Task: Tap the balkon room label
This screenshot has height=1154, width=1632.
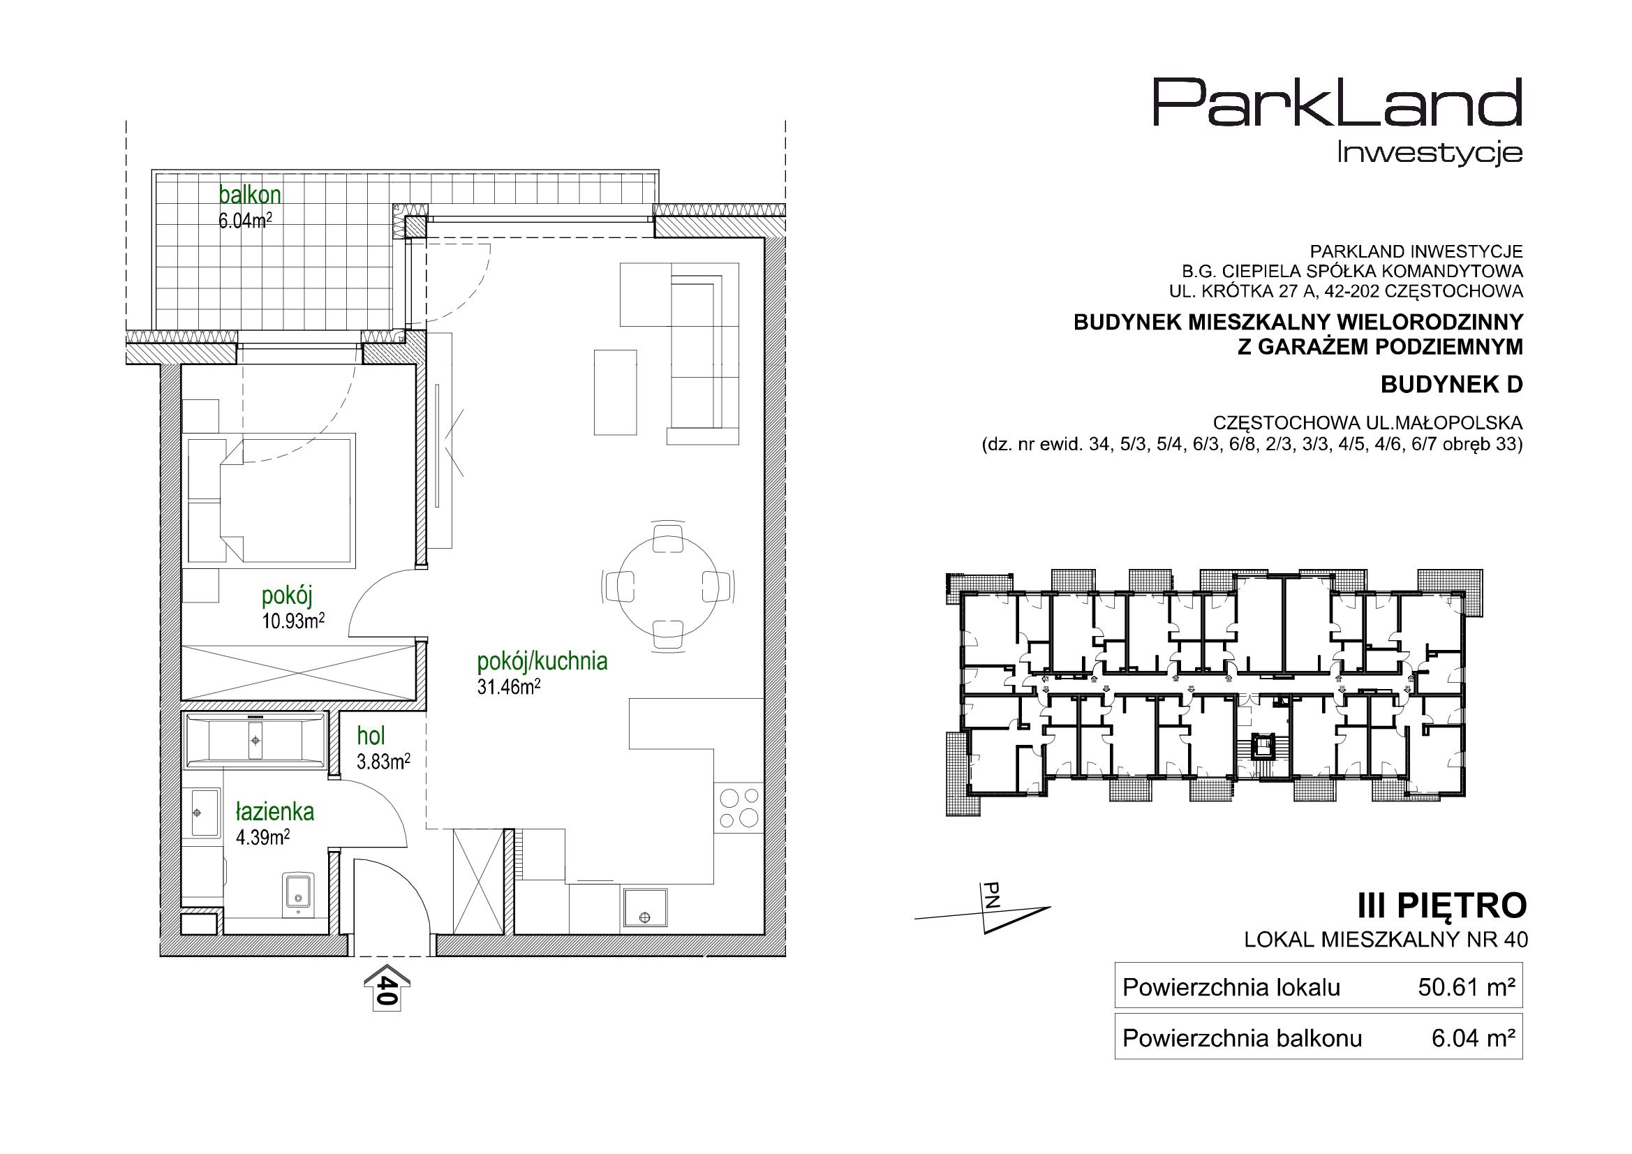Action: pos(249,194)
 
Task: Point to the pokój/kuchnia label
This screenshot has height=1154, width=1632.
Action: pos(542,661)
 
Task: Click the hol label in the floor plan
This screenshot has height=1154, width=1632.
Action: pos(371,737)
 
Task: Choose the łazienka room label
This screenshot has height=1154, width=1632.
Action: pos(275,812)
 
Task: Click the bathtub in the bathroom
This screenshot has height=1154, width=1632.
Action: pos(256,741)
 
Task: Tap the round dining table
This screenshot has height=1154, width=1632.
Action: pos(665,587)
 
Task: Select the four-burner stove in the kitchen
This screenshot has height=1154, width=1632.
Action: pos(739,808)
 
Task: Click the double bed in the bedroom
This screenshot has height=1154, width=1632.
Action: pos(272,501)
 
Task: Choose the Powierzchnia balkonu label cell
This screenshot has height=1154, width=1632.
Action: pos(1242,1039)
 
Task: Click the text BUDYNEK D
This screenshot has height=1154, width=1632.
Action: pos(1452,385)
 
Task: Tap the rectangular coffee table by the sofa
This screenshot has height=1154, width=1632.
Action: pos(616,392)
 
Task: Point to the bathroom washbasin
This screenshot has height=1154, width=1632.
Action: pos(203,811)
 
